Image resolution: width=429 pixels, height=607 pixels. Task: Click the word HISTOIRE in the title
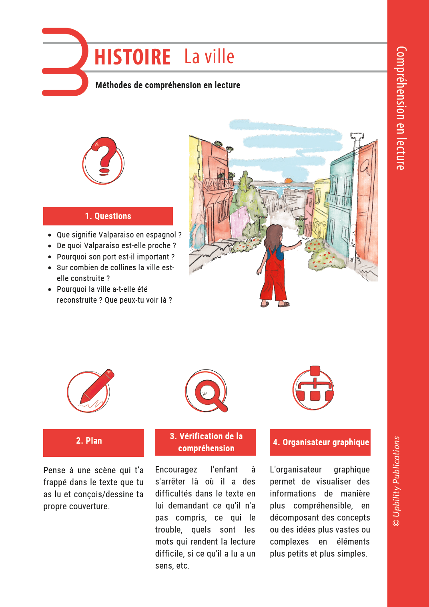(132, 57)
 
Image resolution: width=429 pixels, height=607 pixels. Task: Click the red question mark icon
(104, 160)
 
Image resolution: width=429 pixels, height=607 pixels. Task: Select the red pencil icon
(89, 391)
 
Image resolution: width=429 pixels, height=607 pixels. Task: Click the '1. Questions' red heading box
(108, 216)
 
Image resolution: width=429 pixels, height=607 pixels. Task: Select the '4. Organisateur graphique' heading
(320, 442)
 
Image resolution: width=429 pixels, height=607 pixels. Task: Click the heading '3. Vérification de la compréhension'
(205, 442)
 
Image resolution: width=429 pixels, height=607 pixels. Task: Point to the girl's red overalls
(274, 276)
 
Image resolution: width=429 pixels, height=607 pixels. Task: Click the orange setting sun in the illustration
(288, 180)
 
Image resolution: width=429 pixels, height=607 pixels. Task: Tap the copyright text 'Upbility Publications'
(396, 480)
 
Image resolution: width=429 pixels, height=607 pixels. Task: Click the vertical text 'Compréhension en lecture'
(401, 108)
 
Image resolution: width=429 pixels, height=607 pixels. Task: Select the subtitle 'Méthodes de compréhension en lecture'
(168, 85)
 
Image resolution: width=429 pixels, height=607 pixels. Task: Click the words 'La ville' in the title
(209, 57)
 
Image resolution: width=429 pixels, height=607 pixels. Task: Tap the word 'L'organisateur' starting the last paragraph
(296, 470)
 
